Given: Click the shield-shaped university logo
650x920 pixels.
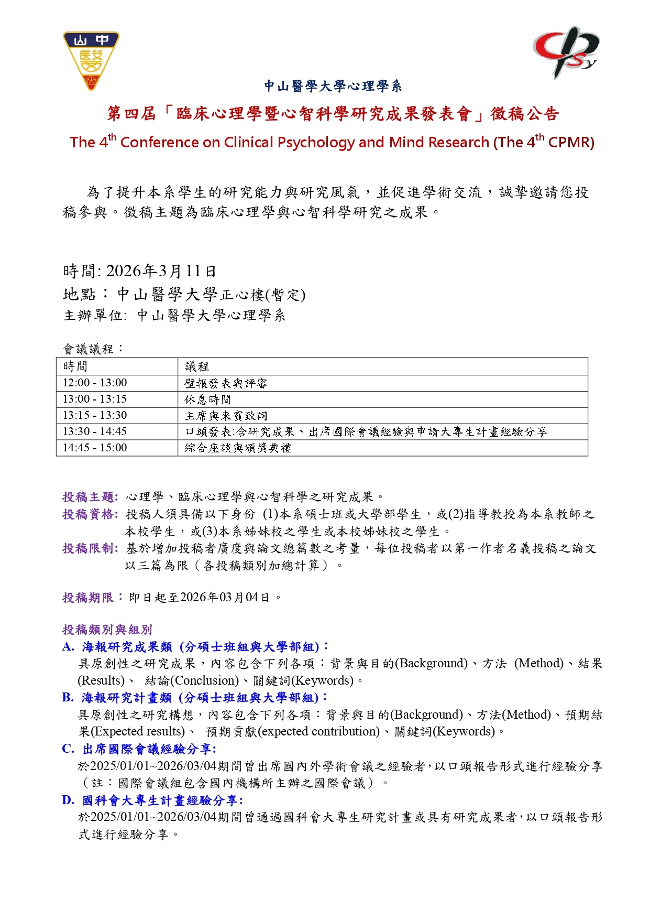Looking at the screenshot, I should point(91,60).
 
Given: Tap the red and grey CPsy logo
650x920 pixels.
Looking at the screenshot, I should point(566,51).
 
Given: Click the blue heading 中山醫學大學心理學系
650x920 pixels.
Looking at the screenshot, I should point(333,86).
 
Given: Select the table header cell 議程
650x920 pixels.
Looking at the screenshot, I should point(197,366).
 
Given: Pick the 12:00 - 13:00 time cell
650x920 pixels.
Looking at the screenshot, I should point(95,383).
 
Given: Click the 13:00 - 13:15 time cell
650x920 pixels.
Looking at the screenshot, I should point(95,399).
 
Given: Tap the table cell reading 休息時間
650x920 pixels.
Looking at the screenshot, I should point(208,399).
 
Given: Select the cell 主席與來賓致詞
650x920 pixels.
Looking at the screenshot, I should point(226,416).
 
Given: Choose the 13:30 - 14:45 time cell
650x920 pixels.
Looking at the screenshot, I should point(95,431).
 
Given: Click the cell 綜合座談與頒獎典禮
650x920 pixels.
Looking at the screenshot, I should point(238,448).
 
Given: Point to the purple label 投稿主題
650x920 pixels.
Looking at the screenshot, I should point(90,497).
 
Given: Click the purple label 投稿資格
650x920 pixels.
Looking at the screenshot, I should point(90,514).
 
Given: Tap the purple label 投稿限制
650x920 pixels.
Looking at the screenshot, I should point(90,548).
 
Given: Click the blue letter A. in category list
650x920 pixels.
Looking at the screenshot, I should point(68,647).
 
